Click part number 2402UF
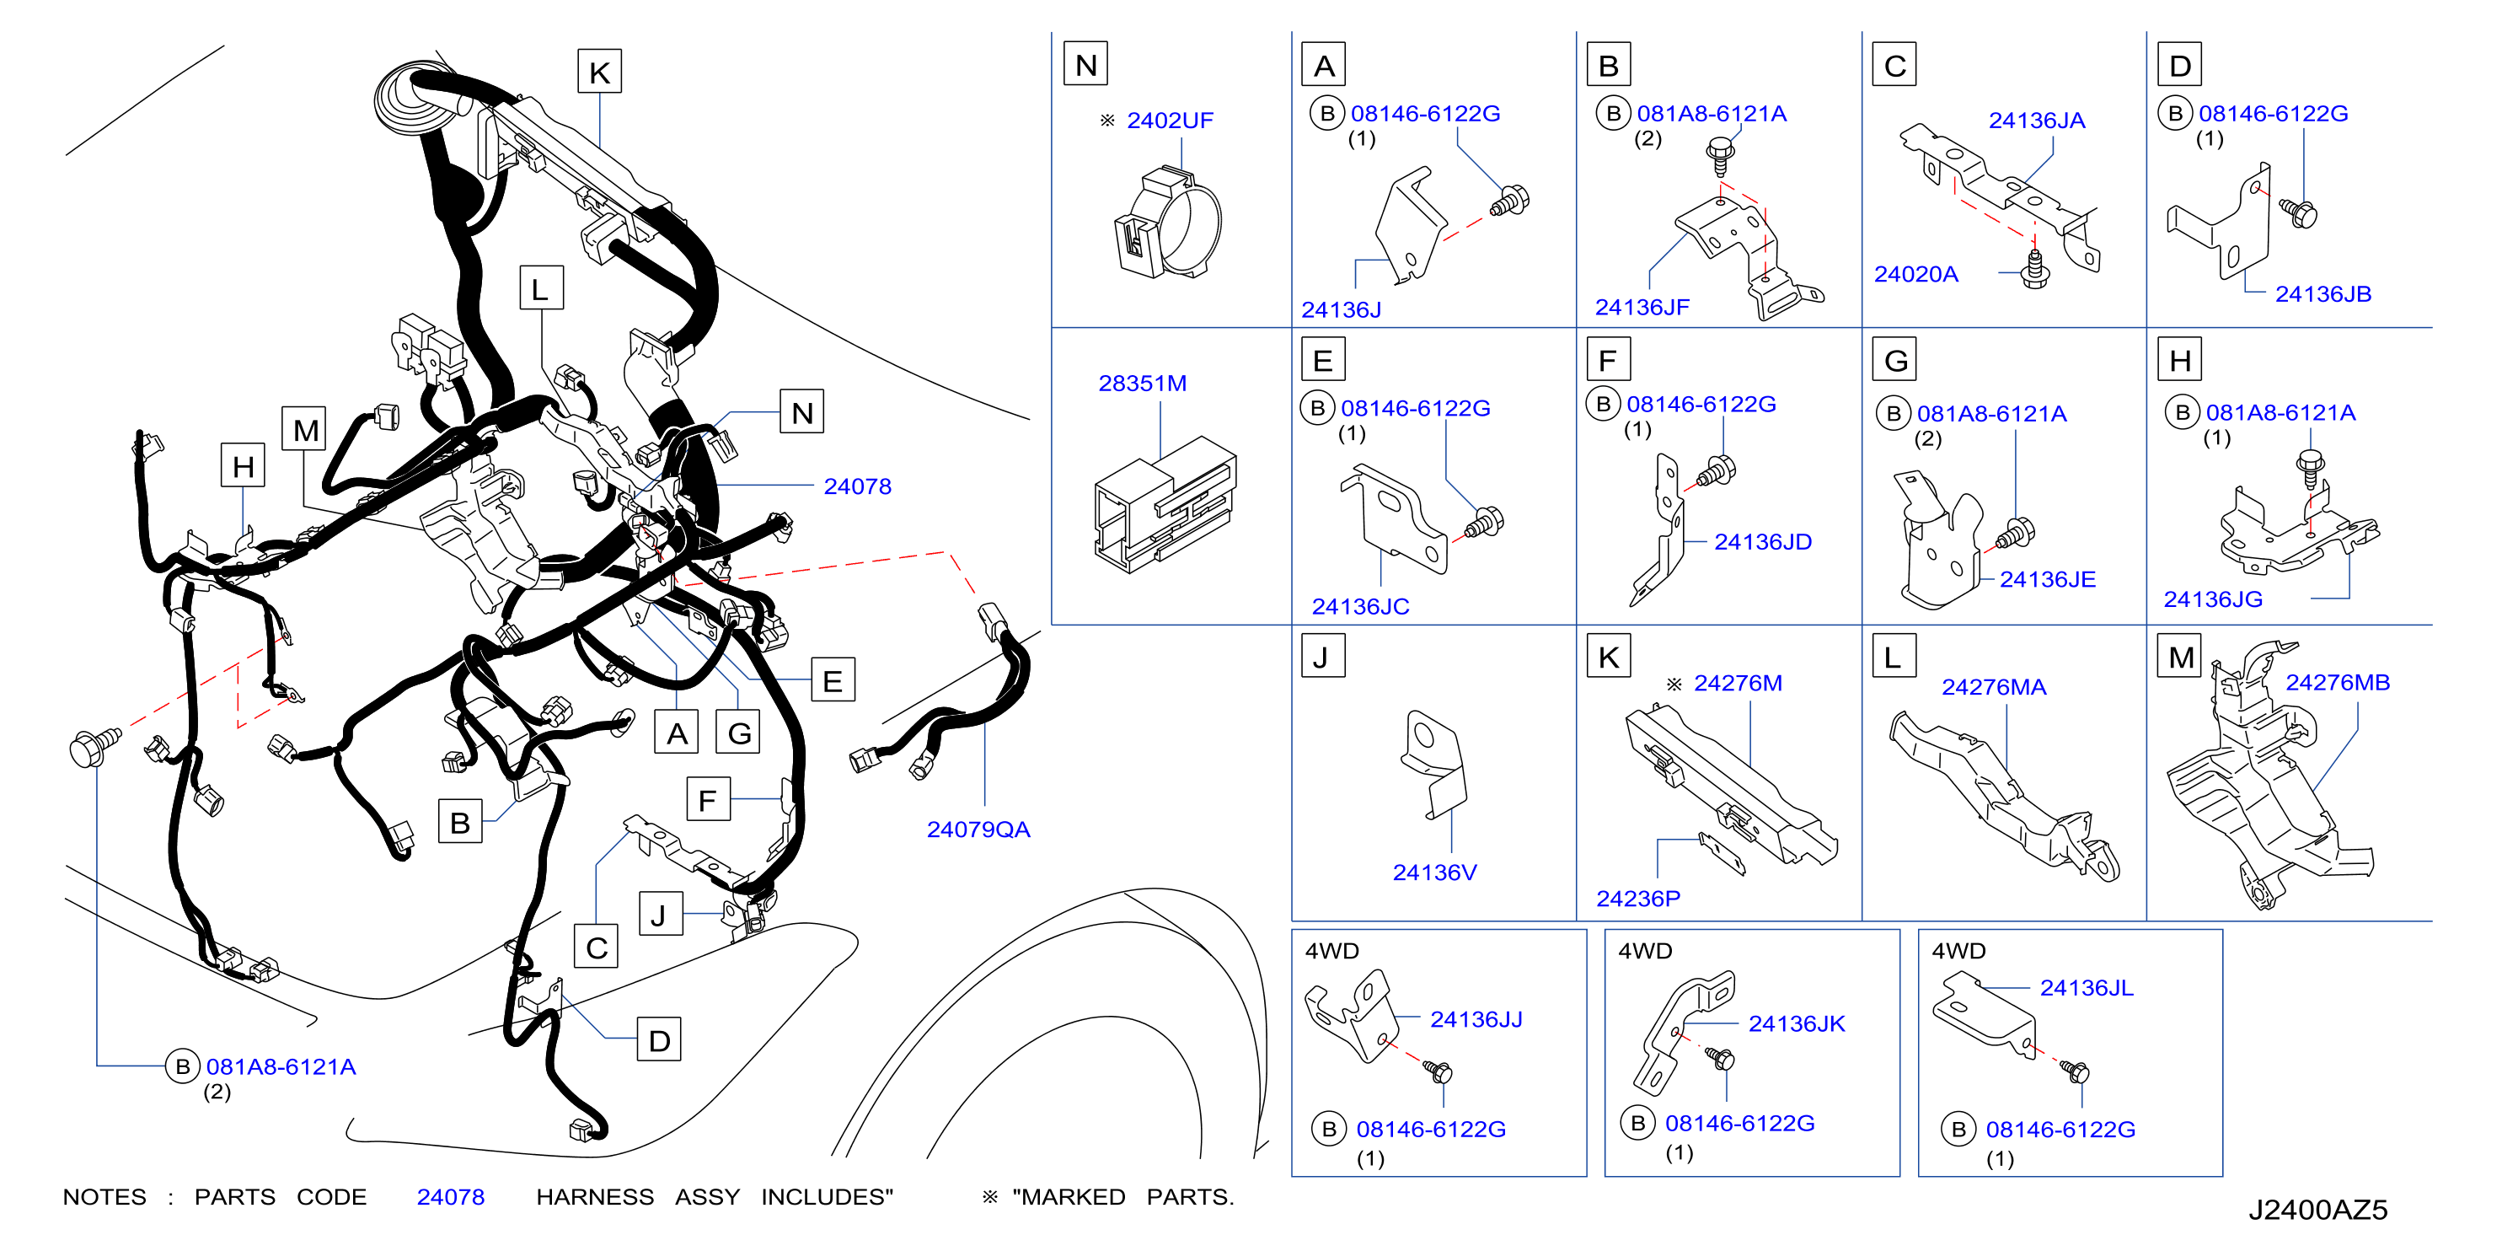pos(1170,121)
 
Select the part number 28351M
pos(1142,384)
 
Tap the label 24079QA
pos(978,830)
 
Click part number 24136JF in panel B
pos(1642,307)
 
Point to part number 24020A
pos(1915,274)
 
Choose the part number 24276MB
pos(2337,683)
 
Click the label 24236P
pos(1637,899)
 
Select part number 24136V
pos(1434,872)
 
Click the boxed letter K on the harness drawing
pos(599,72)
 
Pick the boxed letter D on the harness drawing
pos(658,1040)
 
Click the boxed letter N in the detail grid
pos(1086,64)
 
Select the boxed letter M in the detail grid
pos(2181,658)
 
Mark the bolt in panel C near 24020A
pos(2033,269)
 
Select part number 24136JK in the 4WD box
pos(1796,1023)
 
